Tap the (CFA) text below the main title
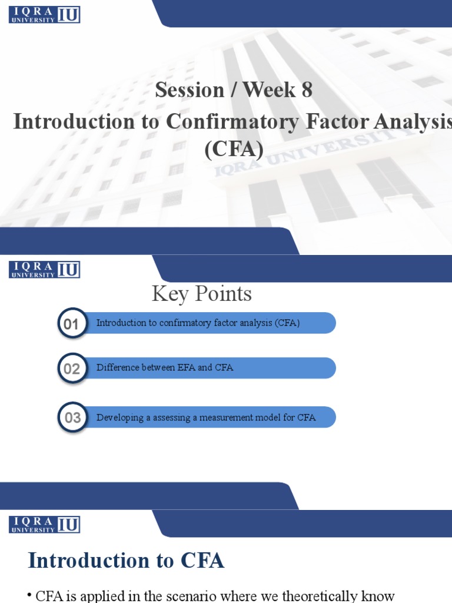[234, 149]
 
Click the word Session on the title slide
[190, 90]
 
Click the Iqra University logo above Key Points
[44, 270]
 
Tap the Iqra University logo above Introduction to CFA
[44, 524]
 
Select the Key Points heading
[202, 293]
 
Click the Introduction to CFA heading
[126, 560]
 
